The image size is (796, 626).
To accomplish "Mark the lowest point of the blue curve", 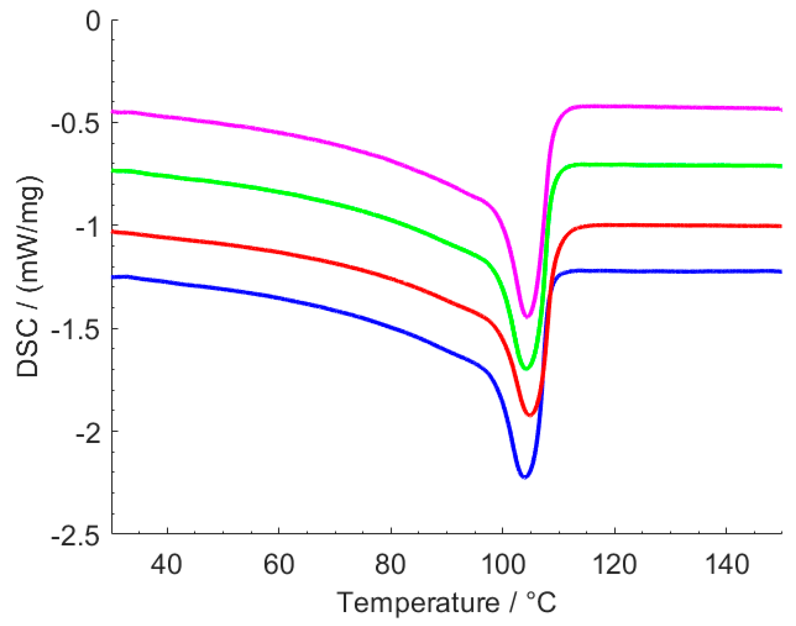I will [525, 477].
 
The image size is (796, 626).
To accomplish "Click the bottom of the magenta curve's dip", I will [527, 317].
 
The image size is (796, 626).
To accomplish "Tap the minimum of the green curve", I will [526, 368].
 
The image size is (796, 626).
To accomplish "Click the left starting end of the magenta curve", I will [112, 112].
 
